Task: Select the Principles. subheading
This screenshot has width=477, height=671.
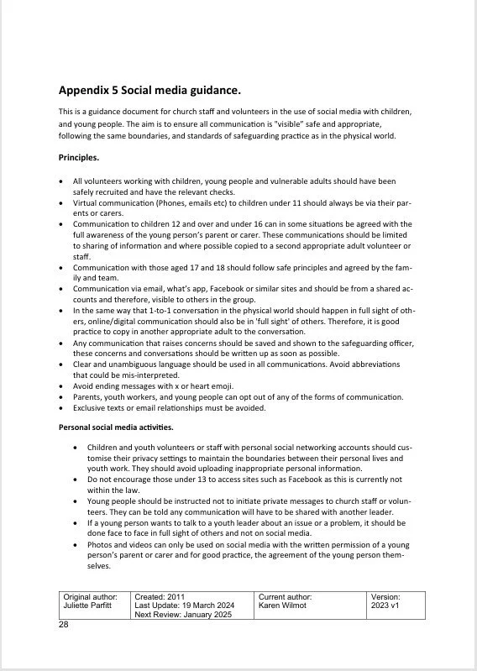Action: [x=79, y=157]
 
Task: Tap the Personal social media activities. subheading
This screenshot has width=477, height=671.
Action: [x=116, y=427]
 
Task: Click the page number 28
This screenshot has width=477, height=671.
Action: [x=64, y=625]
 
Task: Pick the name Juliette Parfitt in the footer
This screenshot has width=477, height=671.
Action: [x=90, y=605]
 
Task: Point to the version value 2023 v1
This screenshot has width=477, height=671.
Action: [x=388, y=605]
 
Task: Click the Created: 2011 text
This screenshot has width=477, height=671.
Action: [x=159, y=595]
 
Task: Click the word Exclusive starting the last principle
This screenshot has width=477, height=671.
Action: [x=89, y=407]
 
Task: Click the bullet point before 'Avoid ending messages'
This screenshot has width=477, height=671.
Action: [x=60, y=386]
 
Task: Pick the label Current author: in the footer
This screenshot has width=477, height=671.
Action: [x=286, y=595]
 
